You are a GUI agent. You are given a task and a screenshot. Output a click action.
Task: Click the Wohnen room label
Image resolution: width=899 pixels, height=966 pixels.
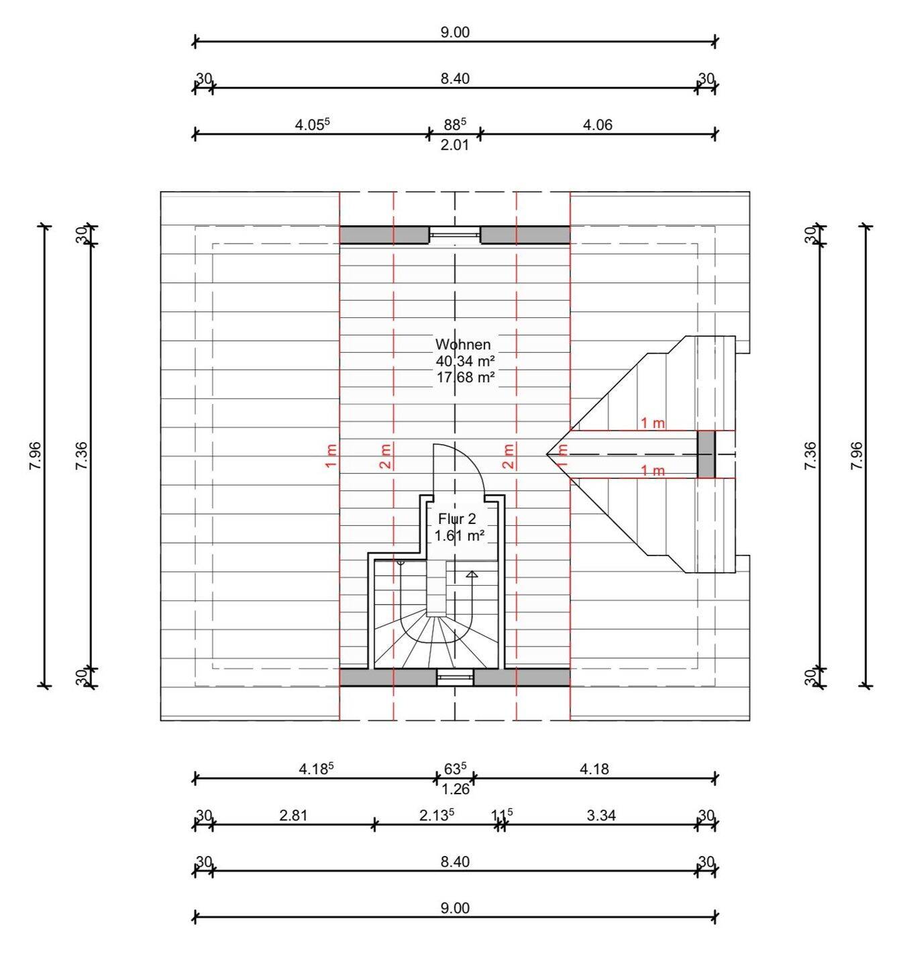click(463, 344)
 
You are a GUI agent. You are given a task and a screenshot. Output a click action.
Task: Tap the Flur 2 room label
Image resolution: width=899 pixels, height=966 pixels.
click(458, 519)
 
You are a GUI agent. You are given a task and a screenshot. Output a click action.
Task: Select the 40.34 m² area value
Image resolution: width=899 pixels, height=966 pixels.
click(466, 361)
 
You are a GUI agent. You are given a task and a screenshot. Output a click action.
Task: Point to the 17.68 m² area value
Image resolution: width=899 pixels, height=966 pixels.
click(466, 377)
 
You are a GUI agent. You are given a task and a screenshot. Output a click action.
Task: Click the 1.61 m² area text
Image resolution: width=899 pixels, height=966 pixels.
click(460, 535)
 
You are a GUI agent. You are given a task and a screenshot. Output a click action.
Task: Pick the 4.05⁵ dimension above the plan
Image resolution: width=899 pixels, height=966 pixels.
click(313, 125)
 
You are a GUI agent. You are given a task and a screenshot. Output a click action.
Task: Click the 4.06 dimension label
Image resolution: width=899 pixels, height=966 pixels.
click(597, 125)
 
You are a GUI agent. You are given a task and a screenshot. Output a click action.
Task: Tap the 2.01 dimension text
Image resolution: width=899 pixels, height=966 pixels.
click(455, 145)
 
